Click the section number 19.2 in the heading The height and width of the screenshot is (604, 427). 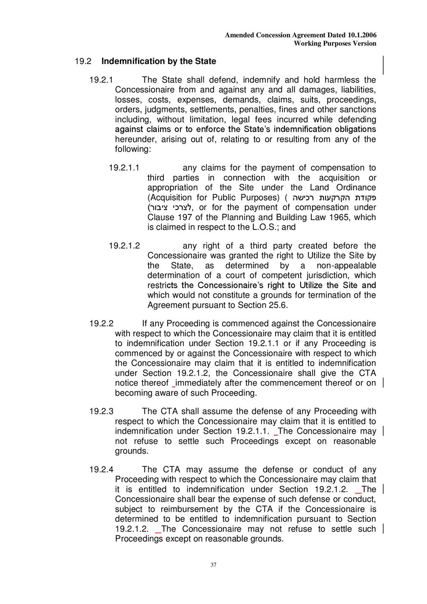coord(83,62)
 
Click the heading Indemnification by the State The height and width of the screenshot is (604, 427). coord(158,62)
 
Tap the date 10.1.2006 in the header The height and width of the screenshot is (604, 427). coord(362,35)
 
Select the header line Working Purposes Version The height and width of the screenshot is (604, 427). coord(335,44)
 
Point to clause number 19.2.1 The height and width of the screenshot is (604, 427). coord(101,80)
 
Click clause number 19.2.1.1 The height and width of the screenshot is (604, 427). coord(124,168)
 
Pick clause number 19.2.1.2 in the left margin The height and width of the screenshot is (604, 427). coord(124,246)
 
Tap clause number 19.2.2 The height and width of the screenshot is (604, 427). coord(101,324)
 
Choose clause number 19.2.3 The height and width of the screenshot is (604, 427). coord(101,411)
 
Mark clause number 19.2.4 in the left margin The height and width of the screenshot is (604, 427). coord(101,470)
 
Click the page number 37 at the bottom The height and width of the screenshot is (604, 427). coord(213,565)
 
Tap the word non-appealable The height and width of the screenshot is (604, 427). coord(346,266)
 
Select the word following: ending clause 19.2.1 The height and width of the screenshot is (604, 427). coord(133,149)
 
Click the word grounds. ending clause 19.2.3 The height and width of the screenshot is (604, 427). coord(131,451)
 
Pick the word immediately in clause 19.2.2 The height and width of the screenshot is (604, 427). coord(204,383)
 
